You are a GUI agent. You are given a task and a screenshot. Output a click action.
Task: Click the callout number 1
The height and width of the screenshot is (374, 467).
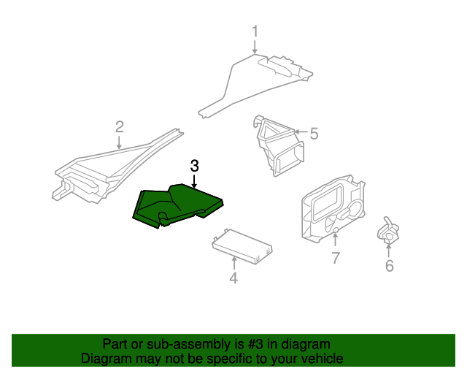tap(255, 31)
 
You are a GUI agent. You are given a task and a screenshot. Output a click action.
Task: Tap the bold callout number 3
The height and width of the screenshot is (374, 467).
tap(194, 165)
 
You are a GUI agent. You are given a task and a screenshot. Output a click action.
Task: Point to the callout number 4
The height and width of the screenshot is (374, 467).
tap(233, 278)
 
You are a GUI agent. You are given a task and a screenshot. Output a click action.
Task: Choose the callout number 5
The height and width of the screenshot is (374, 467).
tap(314, 134)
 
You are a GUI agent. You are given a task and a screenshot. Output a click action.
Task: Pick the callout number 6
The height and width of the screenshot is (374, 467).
tap(389, 267)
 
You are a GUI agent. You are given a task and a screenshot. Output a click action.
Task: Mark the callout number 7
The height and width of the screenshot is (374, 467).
tap(335, 258)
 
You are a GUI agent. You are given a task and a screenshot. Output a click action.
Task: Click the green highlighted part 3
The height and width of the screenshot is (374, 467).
tap(175, 205)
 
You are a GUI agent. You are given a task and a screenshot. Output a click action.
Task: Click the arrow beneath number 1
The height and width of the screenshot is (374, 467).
tap(255, 47)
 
